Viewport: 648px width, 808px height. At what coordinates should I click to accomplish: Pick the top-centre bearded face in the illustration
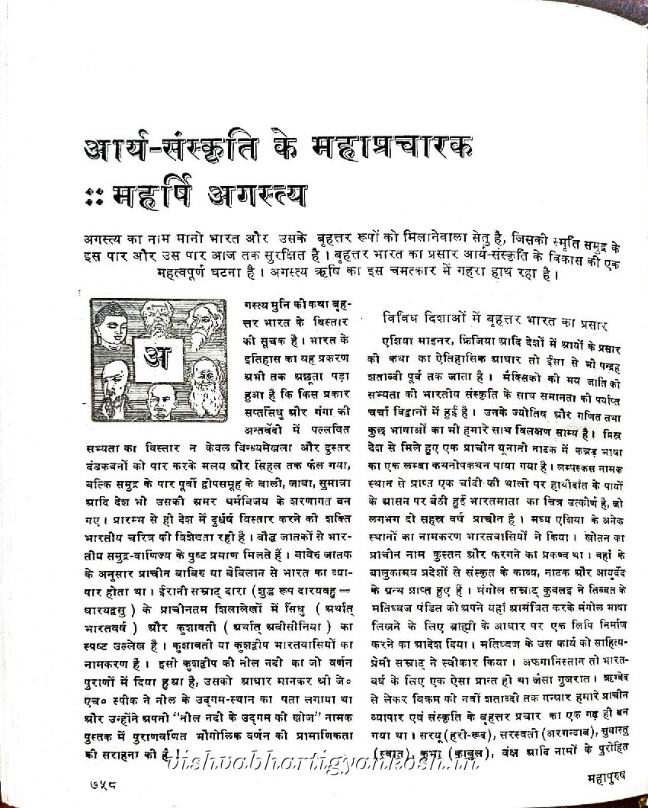(159, 314)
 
